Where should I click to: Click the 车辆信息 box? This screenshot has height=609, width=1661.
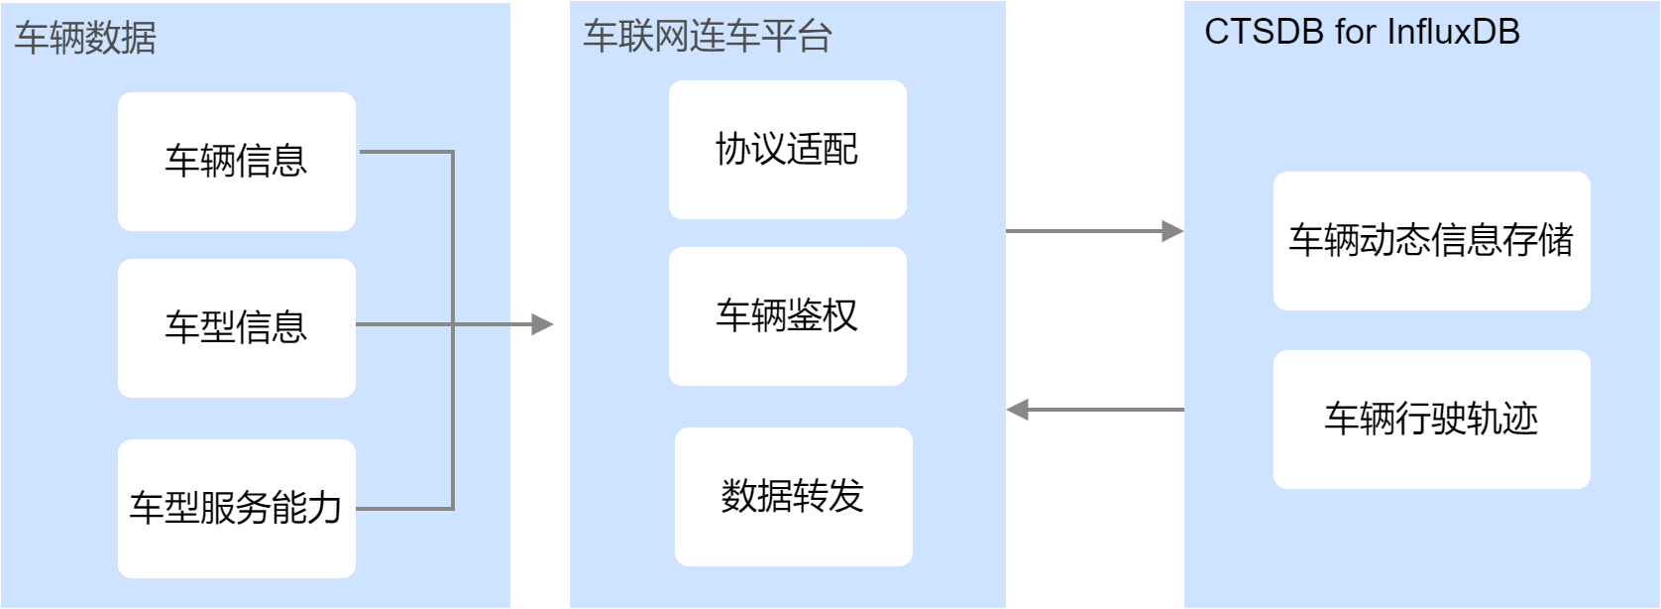236,162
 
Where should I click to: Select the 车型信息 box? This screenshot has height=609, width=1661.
236,328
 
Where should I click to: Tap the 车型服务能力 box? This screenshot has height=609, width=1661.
236,508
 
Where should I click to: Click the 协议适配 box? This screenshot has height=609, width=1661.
787,150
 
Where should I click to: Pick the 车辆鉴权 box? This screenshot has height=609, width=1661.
787,316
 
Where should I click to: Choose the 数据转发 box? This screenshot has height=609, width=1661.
793,496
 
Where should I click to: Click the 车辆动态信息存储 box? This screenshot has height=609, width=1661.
1431,241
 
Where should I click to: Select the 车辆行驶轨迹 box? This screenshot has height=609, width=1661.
1431,419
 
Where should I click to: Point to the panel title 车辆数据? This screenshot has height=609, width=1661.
85,38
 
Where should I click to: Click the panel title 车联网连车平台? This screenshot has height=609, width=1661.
707,37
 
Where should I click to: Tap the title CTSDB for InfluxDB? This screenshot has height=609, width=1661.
1362,32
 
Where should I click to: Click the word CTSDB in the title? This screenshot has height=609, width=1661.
1264,32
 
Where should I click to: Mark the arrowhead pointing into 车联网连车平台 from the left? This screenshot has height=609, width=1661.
542,324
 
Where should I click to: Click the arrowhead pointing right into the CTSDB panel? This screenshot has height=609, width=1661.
1172,231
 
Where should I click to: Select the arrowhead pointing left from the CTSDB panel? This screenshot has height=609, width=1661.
1018,410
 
